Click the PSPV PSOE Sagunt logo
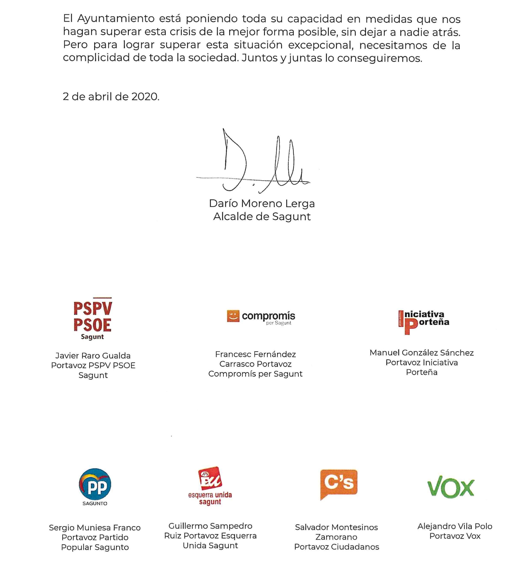(x=93, y=319)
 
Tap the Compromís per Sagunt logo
(x=261, y=318)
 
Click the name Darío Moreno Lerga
(x=262, y=204)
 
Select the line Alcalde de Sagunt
(x=262, y=217)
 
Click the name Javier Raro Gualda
(x=93, y=356)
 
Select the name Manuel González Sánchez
(x=421, y=353)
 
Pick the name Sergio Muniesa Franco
(x=95, y=528)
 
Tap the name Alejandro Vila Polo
(x=455, y=526)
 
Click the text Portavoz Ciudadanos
(x=336, y=547)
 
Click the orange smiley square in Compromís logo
(x=233, y=316)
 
